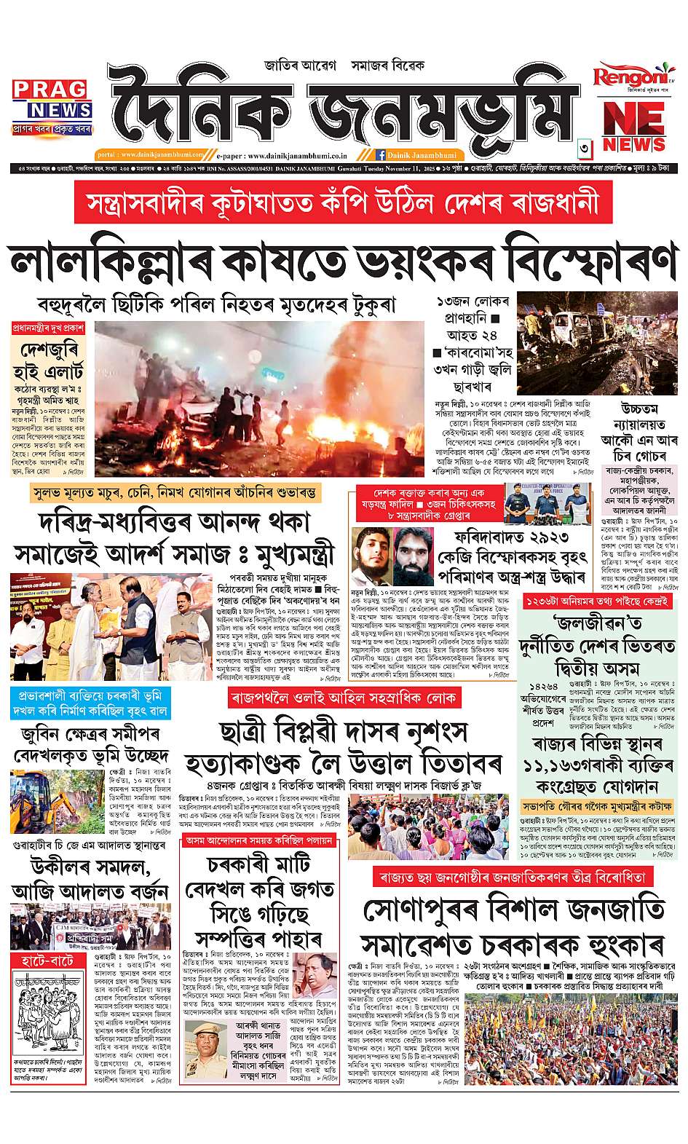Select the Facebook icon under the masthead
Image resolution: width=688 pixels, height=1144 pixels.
pyautogui.click(x=380, y=155)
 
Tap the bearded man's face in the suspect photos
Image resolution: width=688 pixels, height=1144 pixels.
pyautogui.click(x=414, y=557)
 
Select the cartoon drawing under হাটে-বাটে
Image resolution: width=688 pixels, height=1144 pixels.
pyautogui.click(x=47, y=1011)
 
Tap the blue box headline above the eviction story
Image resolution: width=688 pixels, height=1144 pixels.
pyautogui.click(x=91, y=703)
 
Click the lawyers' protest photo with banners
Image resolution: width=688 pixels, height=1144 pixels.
pyautogui.click(x=90, y=925)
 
